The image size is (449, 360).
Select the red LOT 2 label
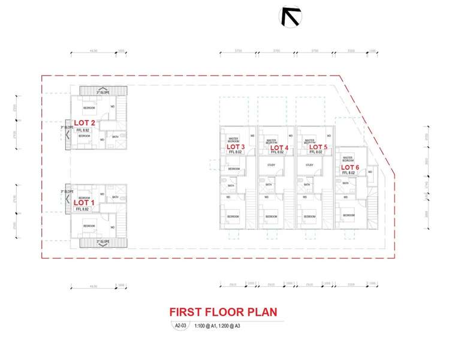85,124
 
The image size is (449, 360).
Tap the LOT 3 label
236,146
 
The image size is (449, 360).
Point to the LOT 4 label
279,148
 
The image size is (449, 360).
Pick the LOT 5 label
318,147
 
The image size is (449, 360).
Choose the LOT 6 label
350,167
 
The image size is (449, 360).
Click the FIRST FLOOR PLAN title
224,313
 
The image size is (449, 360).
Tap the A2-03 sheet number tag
179,326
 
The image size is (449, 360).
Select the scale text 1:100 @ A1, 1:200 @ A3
217,326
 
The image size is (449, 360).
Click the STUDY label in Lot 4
271,165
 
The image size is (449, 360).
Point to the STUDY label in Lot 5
309,165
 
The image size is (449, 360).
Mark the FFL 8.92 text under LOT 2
83,130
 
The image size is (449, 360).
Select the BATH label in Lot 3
231,185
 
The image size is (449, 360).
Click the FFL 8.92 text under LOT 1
82,209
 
